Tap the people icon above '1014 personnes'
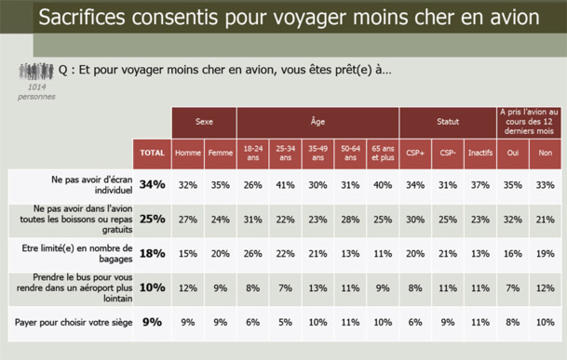coord(36,72)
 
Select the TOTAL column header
coord(153,153)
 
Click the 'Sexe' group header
coord(204,122)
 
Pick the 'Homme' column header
coord(187,153)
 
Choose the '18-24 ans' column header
coord(252,153)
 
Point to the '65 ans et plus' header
coord(382,153)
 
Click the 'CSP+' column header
coord(415,153)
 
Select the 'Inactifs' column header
coord(479,153)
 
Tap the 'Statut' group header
coord(447,122)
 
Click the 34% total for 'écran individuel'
coord(153,184)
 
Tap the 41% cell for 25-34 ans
coord(285,184)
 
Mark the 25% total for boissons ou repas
coord(153,219)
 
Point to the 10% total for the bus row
coord(153,288)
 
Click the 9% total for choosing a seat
coord(153,323)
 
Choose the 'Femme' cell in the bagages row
coord(220,253)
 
